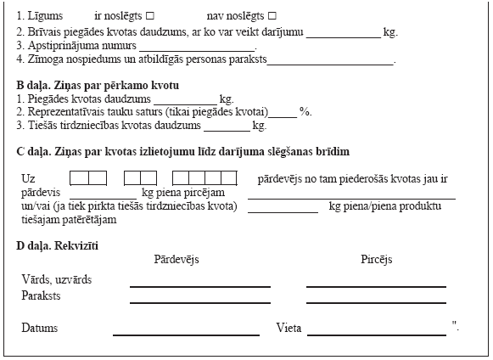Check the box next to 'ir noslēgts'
tap(149, 17)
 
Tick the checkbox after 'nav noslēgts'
tap(272, 17)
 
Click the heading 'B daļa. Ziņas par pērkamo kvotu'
tap(98, 86)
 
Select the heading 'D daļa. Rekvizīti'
tap(58, 245)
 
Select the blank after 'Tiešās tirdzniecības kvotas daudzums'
tap(227, 127)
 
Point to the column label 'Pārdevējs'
tap(176, 260)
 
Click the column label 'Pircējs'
tap(376, 260)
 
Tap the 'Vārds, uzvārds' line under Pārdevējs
tap(200, 285)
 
